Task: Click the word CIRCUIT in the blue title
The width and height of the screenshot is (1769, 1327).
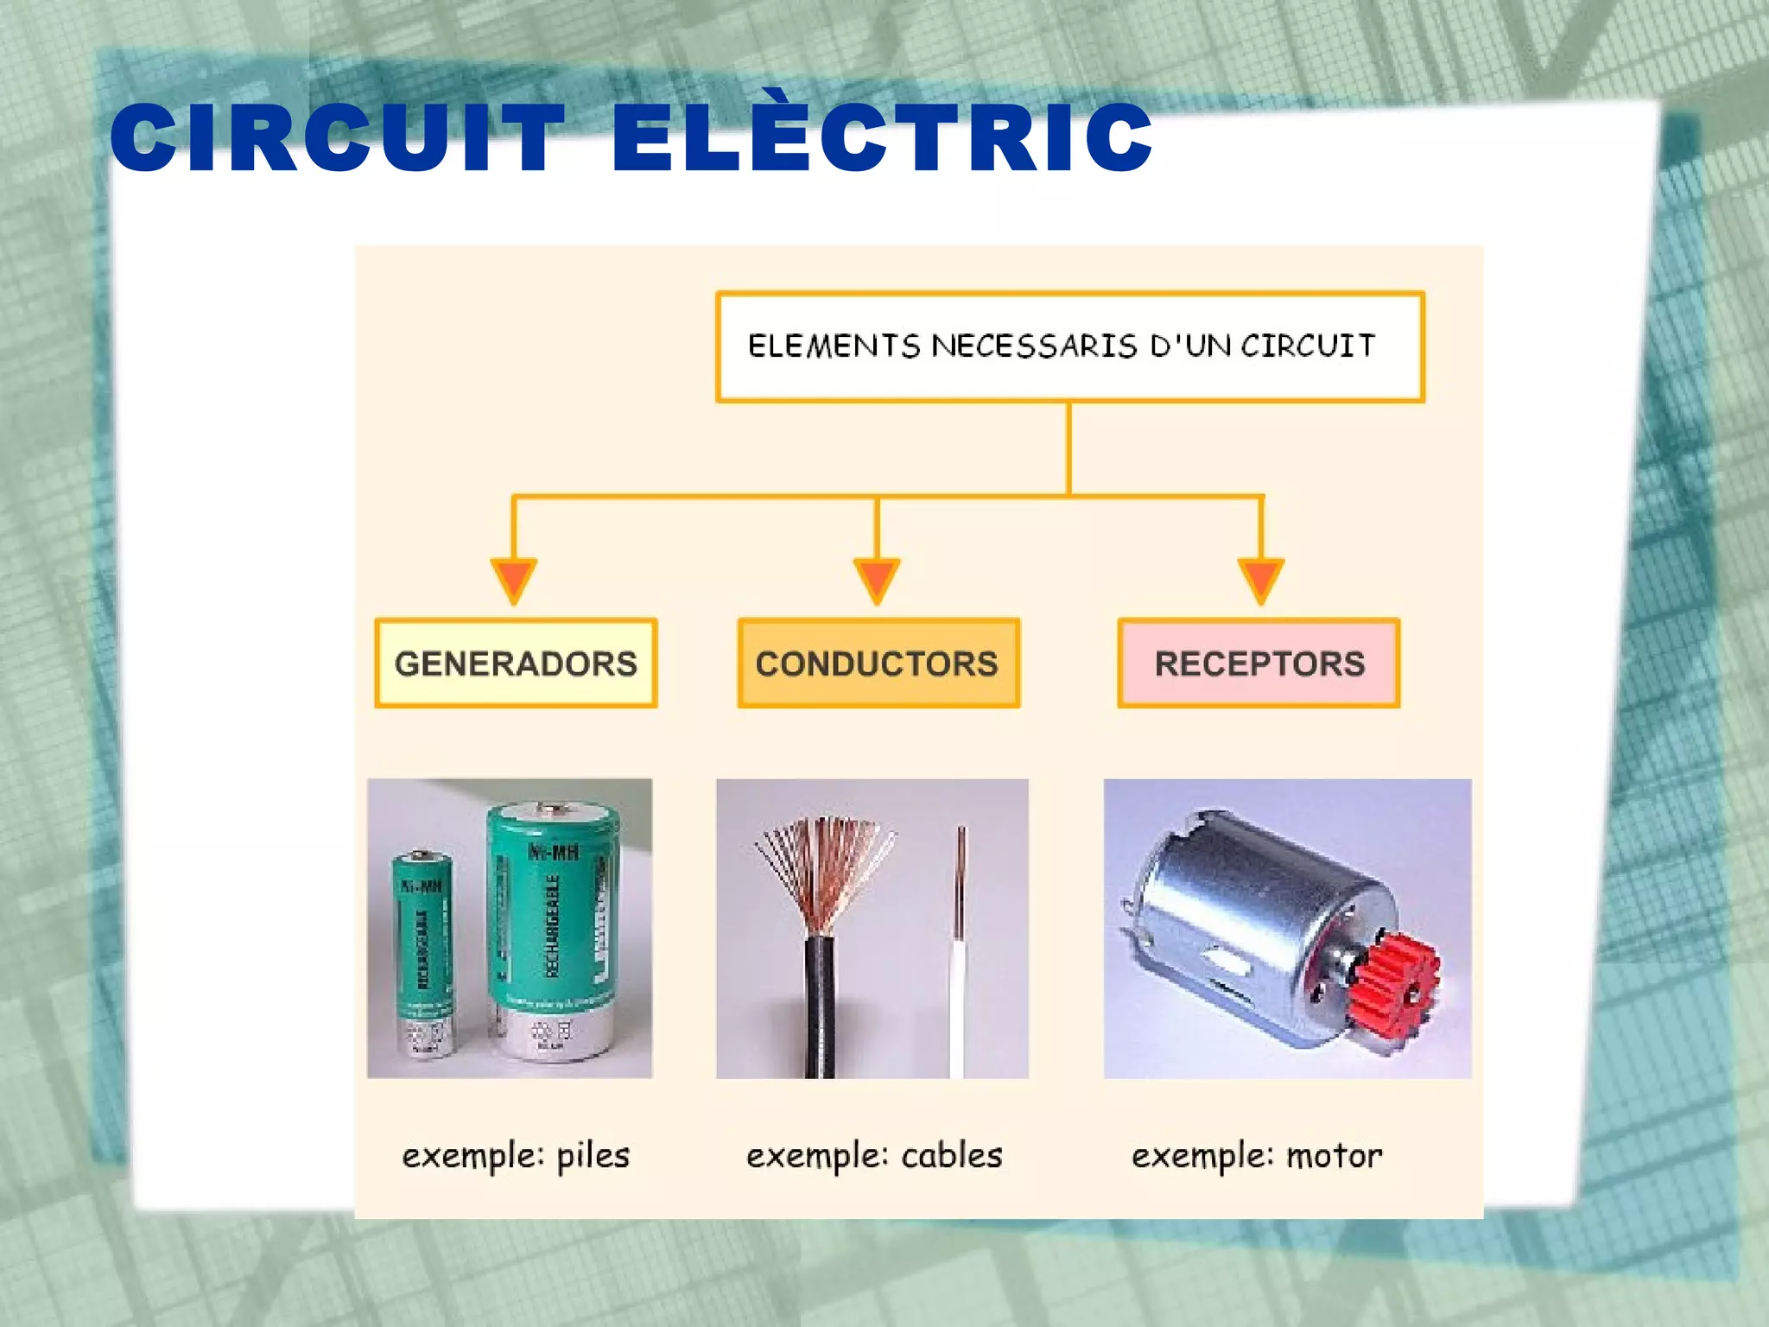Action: pyautogui.click(x=337, y=138)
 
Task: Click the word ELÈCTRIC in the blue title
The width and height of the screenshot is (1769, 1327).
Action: pyautogui.click(x=881, y=138)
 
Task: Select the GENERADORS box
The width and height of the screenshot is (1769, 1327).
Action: pyautogui.click(x=516, y=663)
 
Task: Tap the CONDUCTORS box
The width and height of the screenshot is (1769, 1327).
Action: pyautogui.click(x=878, y=663)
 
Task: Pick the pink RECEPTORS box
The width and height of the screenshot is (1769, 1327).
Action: pyautogui.click(x=1259, y=663)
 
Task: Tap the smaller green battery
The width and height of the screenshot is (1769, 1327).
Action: pyautogui.click(x=422, y=950)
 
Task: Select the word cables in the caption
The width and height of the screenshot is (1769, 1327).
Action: pyautogui.click(x=951, y=1155)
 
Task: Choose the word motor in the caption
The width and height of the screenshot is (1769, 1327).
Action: pyautogui.click(x=1334, y=1155)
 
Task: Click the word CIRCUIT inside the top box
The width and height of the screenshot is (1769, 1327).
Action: pyautogui.click(x=1308, y=346)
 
